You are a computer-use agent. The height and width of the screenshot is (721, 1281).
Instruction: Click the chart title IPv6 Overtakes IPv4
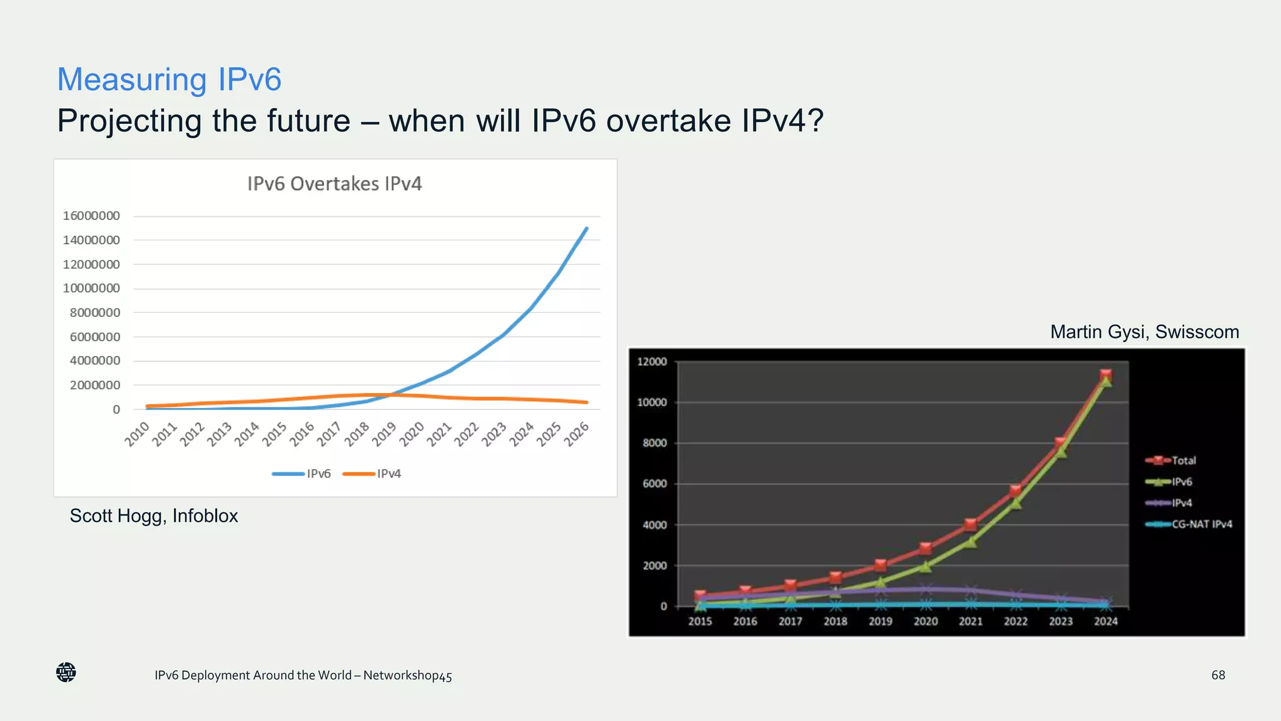[x=335, y=184]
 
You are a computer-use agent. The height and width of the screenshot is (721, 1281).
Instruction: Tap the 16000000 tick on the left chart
[x=91, y=216]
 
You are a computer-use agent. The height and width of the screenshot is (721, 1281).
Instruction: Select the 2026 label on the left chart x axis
[x=577, y=434]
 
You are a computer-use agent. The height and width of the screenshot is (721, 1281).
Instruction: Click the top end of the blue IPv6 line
[x=586, y=229]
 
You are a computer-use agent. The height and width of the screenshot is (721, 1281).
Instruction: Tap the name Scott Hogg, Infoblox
[x=154, y=516]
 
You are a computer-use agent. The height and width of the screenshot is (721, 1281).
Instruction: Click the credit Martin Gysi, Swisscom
[x=1144, y=332]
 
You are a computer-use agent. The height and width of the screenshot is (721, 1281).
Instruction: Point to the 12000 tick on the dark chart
[x=652, y=362]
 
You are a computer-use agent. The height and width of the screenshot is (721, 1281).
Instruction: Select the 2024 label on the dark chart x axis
[x=1105, y=621]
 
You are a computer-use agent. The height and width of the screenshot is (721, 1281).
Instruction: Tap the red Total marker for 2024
[x=1105, y=375]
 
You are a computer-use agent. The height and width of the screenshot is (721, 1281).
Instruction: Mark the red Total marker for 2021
[x=970, y=524]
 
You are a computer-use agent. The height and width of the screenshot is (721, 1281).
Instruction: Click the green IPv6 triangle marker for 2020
[x=925, y=566]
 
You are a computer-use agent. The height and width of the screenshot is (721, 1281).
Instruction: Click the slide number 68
[x=1218, y=675]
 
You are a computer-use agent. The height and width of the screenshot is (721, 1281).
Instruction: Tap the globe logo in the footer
[x=66, y=673]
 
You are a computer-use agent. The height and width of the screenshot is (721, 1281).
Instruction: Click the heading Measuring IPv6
[x=170, y=79]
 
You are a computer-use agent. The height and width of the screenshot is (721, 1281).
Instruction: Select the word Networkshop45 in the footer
[x=407, y=675]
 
